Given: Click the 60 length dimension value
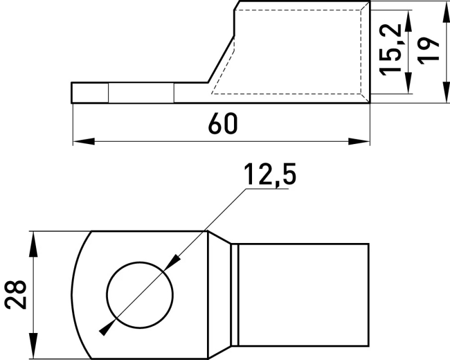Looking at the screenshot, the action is [223, 123].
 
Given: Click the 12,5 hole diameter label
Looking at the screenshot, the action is [270, 174].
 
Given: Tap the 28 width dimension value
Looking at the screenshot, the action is [16, 294].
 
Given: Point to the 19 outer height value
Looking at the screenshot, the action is [428, 51].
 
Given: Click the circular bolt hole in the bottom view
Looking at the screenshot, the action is [140, 295].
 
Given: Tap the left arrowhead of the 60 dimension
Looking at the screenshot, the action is [84, 141].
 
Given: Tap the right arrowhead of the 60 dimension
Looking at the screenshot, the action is [359, 141].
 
